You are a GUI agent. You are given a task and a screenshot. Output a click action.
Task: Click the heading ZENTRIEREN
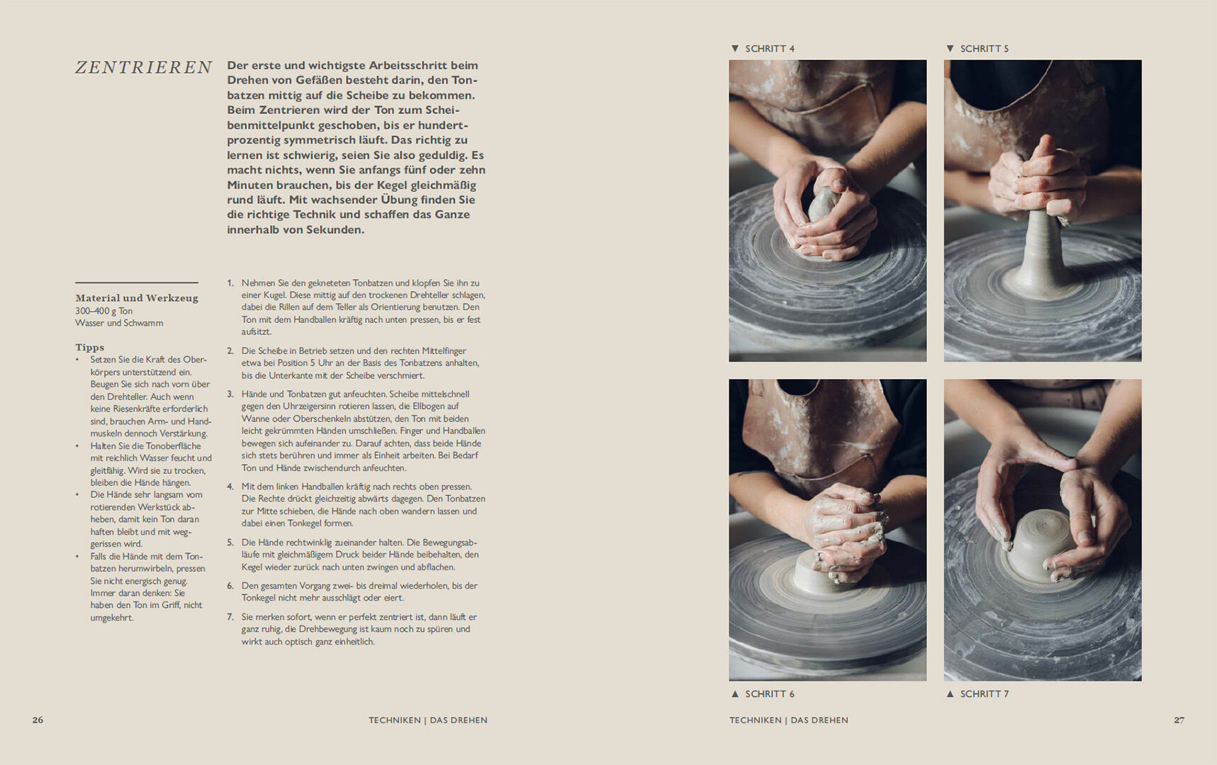click(x=144, y=67)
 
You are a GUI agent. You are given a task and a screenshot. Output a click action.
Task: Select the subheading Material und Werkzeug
click(x=137, y=298)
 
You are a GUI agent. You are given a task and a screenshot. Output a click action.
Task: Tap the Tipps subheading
click(x=90, y=347)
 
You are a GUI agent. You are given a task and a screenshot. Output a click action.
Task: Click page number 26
click(x=38, y=720)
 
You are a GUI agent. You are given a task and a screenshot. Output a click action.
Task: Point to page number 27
click(x=1179, y=720)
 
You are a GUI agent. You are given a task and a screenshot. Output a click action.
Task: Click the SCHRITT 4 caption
click(x=770, y=49)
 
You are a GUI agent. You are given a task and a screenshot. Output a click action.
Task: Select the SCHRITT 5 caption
click(x=985, y=49)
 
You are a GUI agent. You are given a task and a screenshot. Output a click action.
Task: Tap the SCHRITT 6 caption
click(x=770, y=694)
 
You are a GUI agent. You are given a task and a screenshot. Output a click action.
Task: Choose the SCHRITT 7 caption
click(x=985, y=694)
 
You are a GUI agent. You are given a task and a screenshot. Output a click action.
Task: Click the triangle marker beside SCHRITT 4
click(x=735, y=49)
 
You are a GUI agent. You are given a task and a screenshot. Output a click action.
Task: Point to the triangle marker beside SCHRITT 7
click(x=950, y=694)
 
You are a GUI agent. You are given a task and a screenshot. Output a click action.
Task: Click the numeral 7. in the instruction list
click(x=230, y=617)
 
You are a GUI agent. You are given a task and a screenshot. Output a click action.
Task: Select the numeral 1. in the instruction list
click(x=230, y=283)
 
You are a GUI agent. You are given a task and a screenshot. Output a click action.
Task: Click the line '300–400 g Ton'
click(x=104, y=311)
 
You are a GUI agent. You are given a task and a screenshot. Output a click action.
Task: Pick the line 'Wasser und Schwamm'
click(x=119, y=323)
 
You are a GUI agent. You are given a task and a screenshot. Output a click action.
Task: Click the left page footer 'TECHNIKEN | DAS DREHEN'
click(x=428, y=720)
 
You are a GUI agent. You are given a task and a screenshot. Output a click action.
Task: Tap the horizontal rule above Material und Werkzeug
click(x=137, y=283)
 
